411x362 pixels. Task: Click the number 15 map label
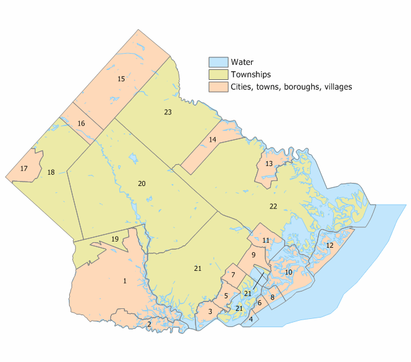121,79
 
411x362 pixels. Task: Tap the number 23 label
168,112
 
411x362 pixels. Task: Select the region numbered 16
81,124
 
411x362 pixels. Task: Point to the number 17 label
24,169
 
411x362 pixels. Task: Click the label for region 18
51,172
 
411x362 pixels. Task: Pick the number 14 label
212,140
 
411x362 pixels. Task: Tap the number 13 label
269,164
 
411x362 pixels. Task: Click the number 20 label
141,183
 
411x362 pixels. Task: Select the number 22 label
273,206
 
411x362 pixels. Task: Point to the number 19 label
115,239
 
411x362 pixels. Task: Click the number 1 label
125,281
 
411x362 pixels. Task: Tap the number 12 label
330,245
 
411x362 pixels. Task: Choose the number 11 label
266,240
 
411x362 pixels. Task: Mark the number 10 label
288,272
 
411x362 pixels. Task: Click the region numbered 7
233,275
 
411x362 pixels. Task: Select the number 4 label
251,319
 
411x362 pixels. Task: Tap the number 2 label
149,324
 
